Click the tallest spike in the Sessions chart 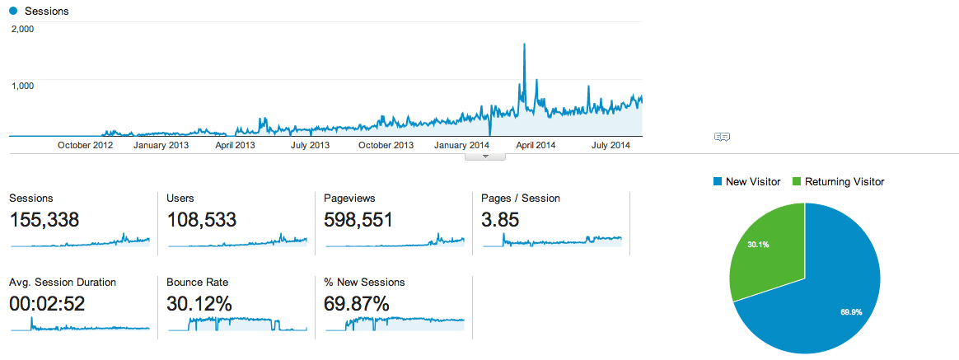(x=524, y=46)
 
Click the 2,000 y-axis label (x=22, y=29)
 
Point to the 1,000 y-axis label (x=22, y=85)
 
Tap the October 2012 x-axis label (x=85, y=146)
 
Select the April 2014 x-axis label (x=530, y=146)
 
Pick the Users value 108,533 (x=201, y=220)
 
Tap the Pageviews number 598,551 (x=358, y=220)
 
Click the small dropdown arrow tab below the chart (x=485, y=156)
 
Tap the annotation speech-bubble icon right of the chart (x=722, y=137)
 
